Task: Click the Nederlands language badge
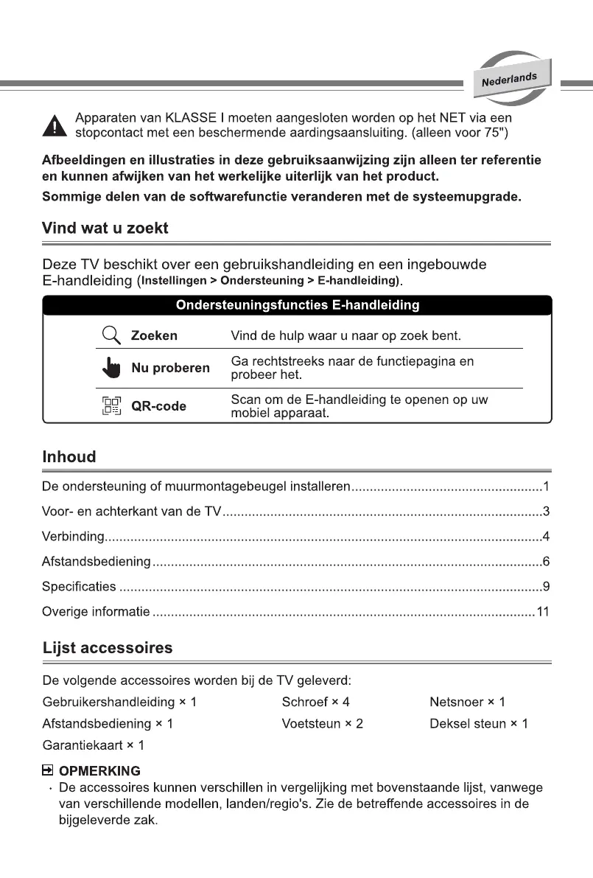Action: tap(510, 79)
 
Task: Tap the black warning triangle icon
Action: tap(54, 127)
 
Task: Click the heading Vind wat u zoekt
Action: tap(105, 228)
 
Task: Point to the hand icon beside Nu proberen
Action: tap(110, 367)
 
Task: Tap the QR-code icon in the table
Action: tap(110, 405)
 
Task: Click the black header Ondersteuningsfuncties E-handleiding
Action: tap(297, 304)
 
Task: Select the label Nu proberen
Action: tap(170, 367)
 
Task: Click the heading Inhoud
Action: tap(69, 457)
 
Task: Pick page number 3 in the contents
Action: tap(546, 512)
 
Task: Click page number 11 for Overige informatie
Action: tap(543, 612)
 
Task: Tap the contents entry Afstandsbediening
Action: tap(97, 562)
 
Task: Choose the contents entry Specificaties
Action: tap(80, 587)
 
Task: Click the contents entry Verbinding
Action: tap(74, 537)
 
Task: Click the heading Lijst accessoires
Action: tap(108, 649)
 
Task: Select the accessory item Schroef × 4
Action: tap(315, 702)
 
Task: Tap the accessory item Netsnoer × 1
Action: tap(467, 702)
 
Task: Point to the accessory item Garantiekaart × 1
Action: tap(93, 745)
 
